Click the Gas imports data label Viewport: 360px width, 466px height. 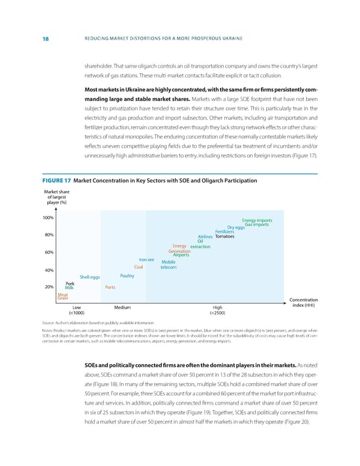pos(256,225)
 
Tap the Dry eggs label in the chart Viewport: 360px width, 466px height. pos(236,228)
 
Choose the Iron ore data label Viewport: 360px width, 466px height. pos(148,259)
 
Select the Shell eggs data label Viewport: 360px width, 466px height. pos(89,277)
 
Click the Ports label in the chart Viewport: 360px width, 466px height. pos(110,287)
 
